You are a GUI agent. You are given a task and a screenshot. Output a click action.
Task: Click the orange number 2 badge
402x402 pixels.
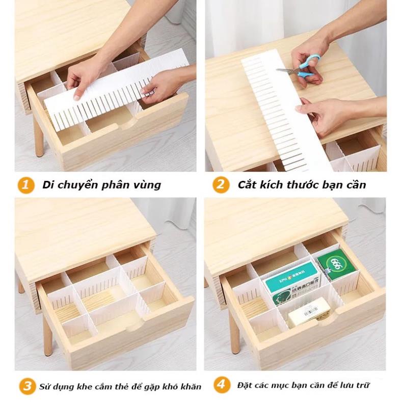(221, 184)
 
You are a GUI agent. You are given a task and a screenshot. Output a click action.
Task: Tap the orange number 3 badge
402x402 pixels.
(26, 386)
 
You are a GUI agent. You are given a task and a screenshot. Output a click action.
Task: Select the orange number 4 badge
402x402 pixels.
(221, 385)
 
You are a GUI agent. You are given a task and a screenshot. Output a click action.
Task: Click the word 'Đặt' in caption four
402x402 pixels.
(244, 385)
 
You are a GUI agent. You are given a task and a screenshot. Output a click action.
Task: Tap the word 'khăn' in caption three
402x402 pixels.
(191, 386)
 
